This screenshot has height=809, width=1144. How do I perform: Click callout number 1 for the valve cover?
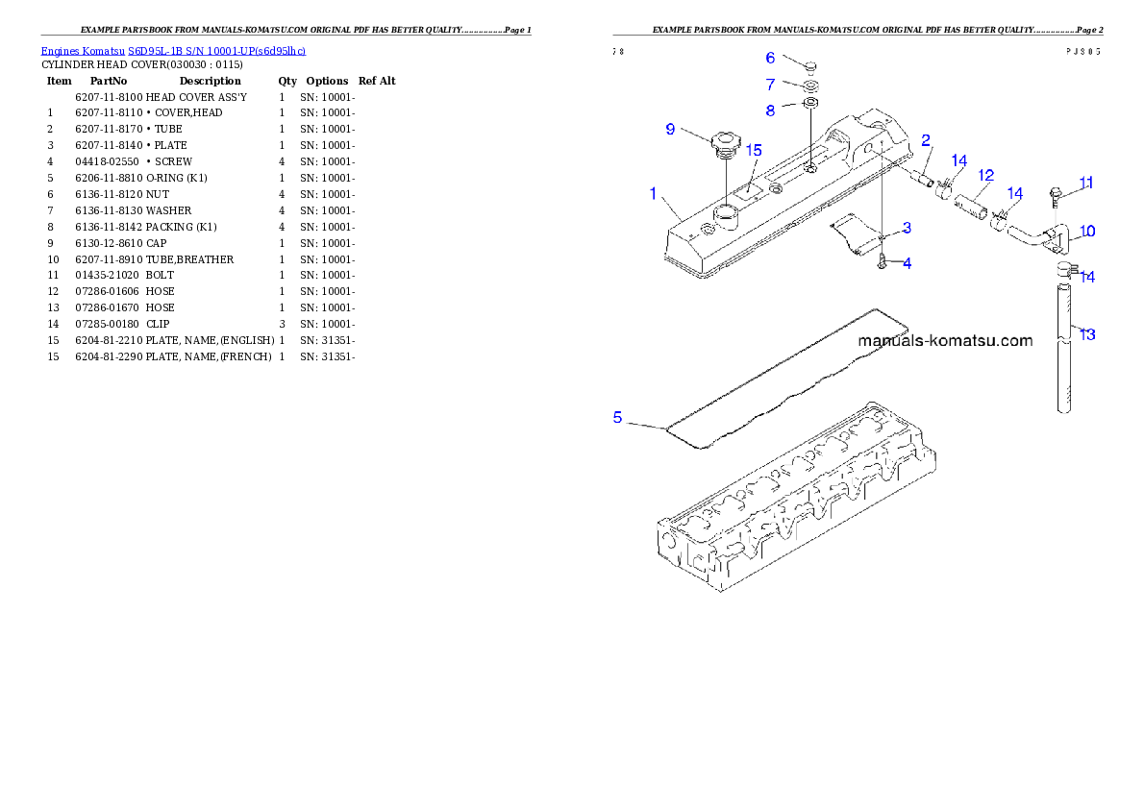pos(654,194)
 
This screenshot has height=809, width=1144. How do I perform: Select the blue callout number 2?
pos(926,140)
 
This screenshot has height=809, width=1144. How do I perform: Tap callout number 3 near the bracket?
pos(907,229)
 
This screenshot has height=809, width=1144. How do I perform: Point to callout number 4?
pos(907,262)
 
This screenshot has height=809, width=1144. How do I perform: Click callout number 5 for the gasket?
pos(618,417)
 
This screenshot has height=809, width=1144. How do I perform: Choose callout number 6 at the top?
pos(770,59)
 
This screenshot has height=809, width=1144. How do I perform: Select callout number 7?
pos(770,85)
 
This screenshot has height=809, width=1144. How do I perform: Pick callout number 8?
pos(770,110)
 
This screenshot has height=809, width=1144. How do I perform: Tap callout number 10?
pos(1086,232)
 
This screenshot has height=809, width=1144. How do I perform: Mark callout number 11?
pos(1085,183)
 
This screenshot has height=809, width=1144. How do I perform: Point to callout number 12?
pos(985,176)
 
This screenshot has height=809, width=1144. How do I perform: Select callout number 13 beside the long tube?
pos(1086,334)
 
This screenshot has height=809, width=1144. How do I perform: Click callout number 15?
pos(754,151)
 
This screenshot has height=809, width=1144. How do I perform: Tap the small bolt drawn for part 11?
pos(1056,195)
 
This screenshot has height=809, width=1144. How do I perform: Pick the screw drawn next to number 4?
pos(882,260)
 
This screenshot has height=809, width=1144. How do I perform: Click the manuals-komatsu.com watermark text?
pos(945,340)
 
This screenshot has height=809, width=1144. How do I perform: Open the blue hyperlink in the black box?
pos(173,51)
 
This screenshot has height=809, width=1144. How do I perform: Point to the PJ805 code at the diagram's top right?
pos(1084,52)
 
